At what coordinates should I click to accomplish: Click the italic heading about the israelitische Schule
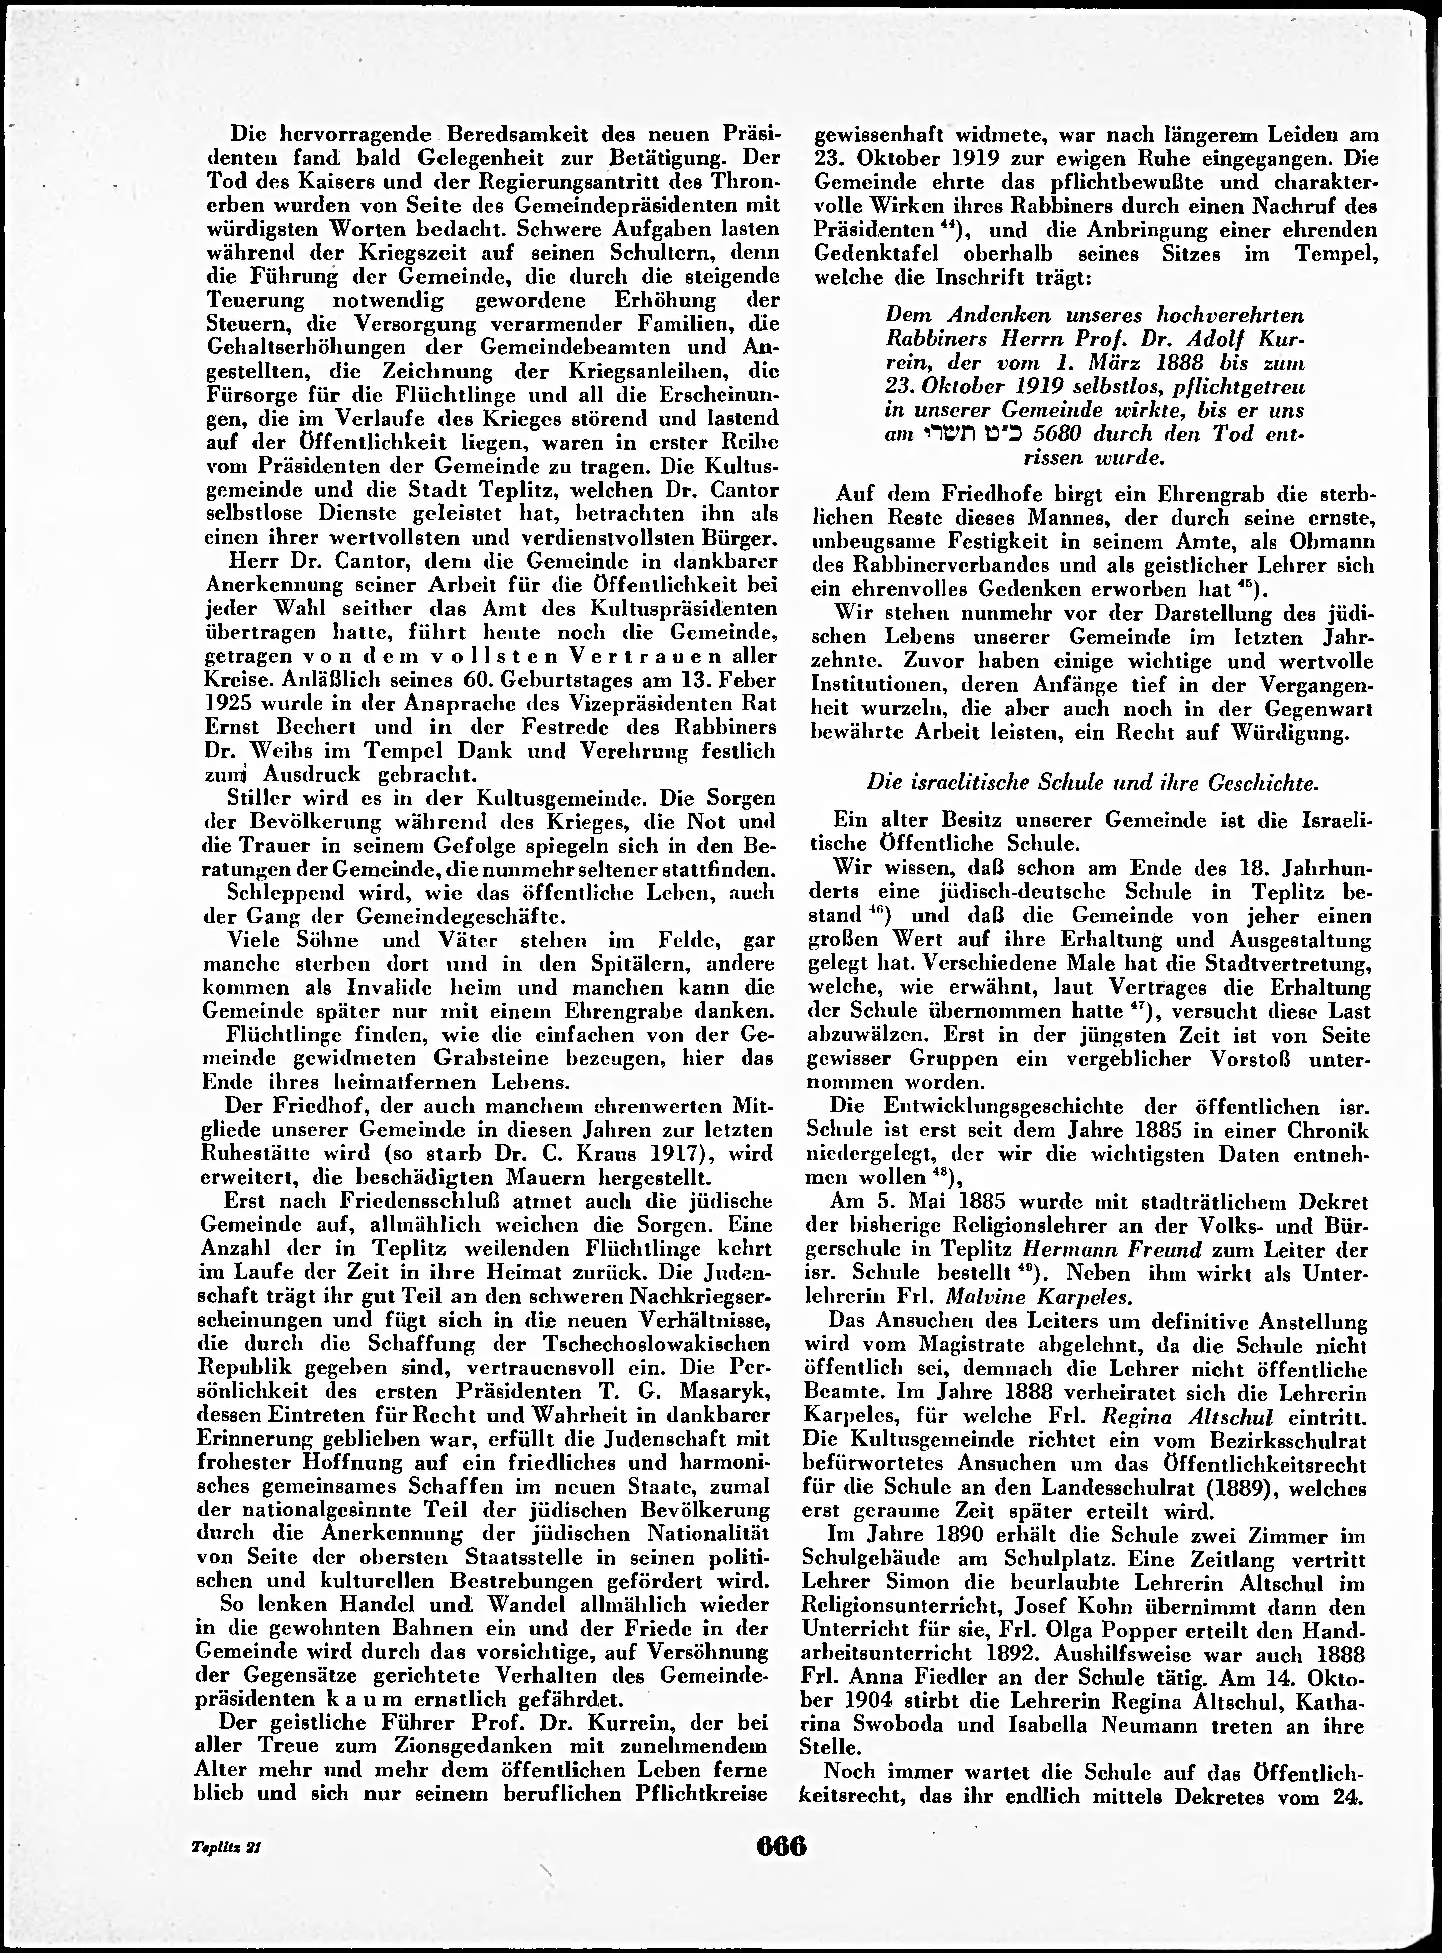pos(1091,783)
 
